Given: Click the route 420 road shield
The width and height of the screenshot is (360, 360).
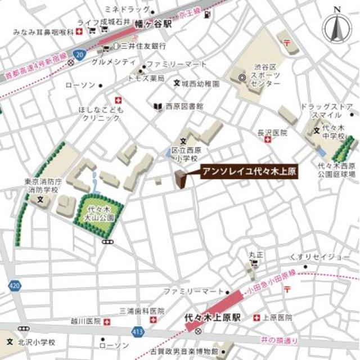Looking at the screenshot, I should [14, 286].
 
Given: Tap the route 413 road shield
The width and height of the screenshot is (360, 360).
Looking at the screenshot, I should [138, 332].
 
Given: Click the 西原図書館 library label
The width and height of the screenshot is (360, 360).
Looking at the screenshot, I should [183, 106].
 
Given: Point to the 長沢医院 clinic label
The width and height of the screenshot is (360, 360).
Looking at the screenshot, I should [272, 133].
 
